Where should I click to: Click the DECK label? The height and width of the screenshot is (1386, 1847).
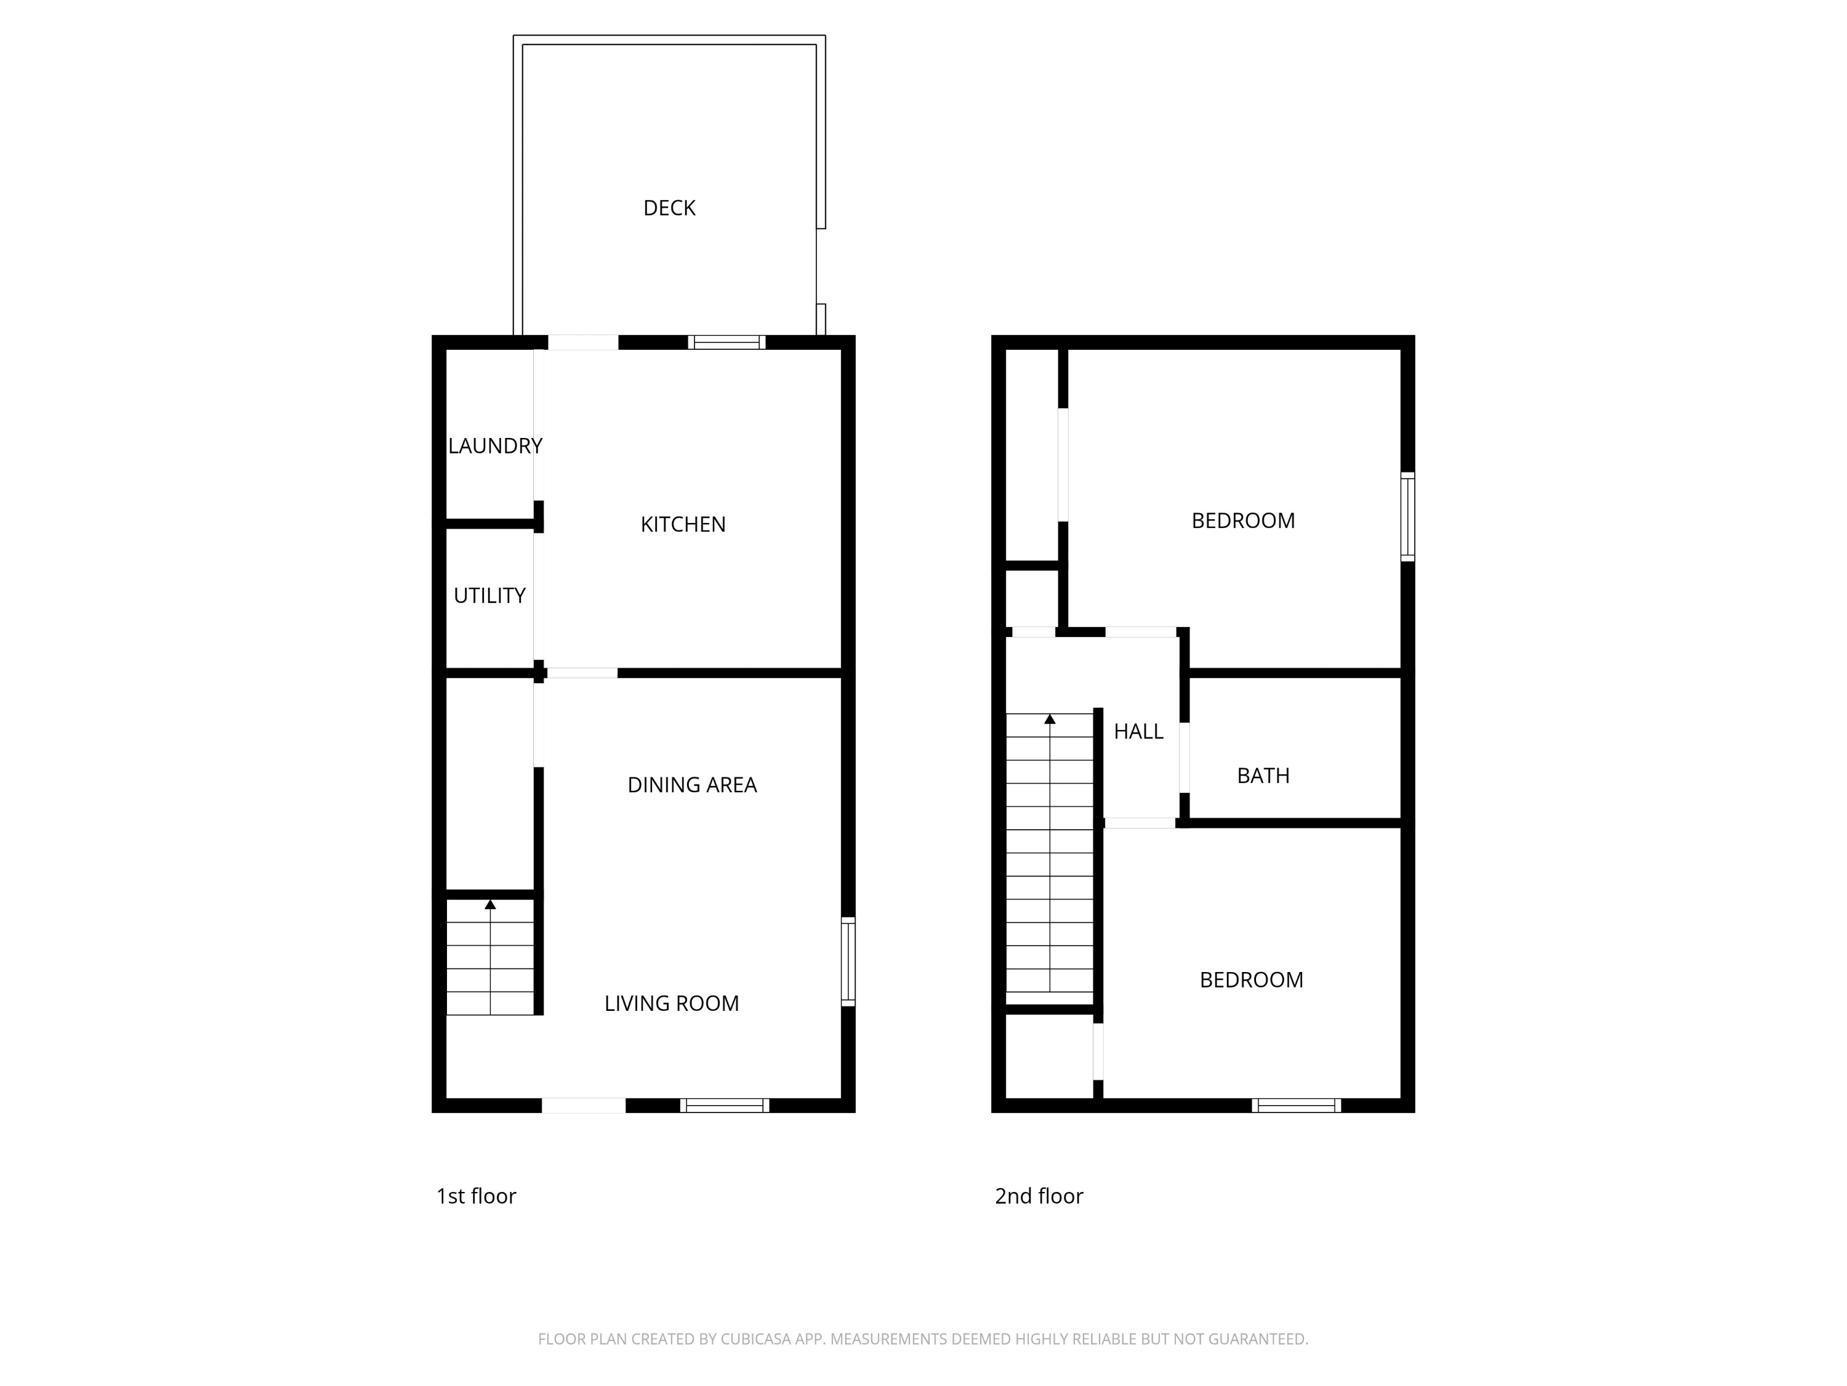click(x=669, y=208)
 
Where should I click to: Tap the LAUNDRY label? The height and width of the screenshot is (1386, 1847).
click(x=495, y=446)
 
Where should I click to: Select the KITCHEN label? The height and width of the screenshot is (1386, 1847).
click(x=683, y=525)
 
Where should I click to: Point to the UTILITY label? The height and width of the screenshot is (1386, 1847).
click(x=489, y=596)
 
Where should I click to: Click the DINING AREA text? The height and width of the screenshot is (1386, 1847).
click(x=691, y=785)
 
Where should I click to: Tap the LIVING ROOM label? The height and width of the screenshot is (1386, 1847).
click(x=671, y=1003)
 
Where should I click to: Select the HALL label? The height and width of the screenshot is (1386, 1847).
click(x=1138, y=732)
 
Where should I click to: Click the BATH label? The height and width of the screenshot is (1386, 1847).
click(x=1263, y=776)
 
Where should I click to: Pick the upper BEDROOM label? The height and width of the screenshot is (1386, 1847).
click(x=1242, y=521)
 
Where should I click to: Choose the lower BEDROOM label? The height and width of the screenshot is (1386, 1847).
click(x=1251, y=980)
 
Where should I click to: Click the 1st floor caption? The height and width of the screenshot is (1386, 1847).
click(x=476, y=1196)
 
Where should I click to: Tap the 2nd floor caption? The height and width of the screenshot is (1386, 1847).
click(x=1039, y=1196)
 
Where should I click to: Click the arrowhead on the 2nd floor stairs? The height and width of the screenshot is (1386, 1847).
click(x=1050, y=719)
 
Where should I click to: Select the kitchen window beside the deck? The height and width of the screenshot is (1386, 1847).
click(x=726, y=342)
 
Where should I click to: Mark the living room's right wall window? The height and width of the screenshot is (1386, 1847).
click(x=848, y=961)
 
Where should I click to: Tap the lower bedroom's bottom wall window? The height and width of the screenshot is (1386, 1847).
click(x=1296, y=1105)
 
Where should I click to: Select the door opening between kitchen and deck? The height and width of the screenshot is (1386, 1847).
click(x=583, y=342)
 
